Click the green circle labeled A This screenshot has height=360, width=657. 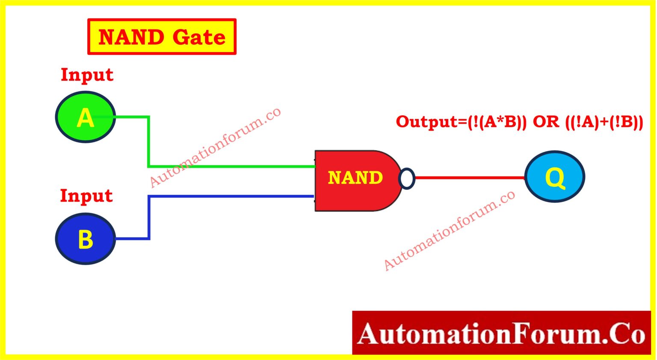click(x=86, y=117)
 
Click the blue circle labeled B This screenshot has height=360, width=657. click(x=86, y=239)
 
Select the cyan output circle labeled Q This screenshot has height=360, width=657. click(x=555, y=177)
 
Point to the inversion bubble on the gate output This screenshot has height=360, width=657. click(x=407, y=178)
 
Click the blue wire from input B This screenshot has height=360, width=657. click(x=231, y=196)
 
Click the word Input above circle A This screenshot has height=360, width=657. click(x=87, y=75)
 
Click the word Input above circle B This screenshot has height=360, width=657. click(x=86, y=196)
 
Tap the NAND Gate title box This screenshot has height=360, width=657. click(x=162, y=37)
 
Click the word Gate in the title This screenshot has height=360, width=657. click(x=199, y=37)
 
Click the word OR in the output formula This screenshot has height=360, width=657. click(x=546, y=122)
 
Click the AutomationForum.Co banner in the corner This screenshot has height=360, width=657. click(x=501, y=333)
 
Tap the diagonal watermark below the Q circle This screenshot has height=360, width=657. click(x=449, y=230)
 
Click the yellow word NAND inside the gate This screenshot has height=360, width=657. click(x=355, y=177)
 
